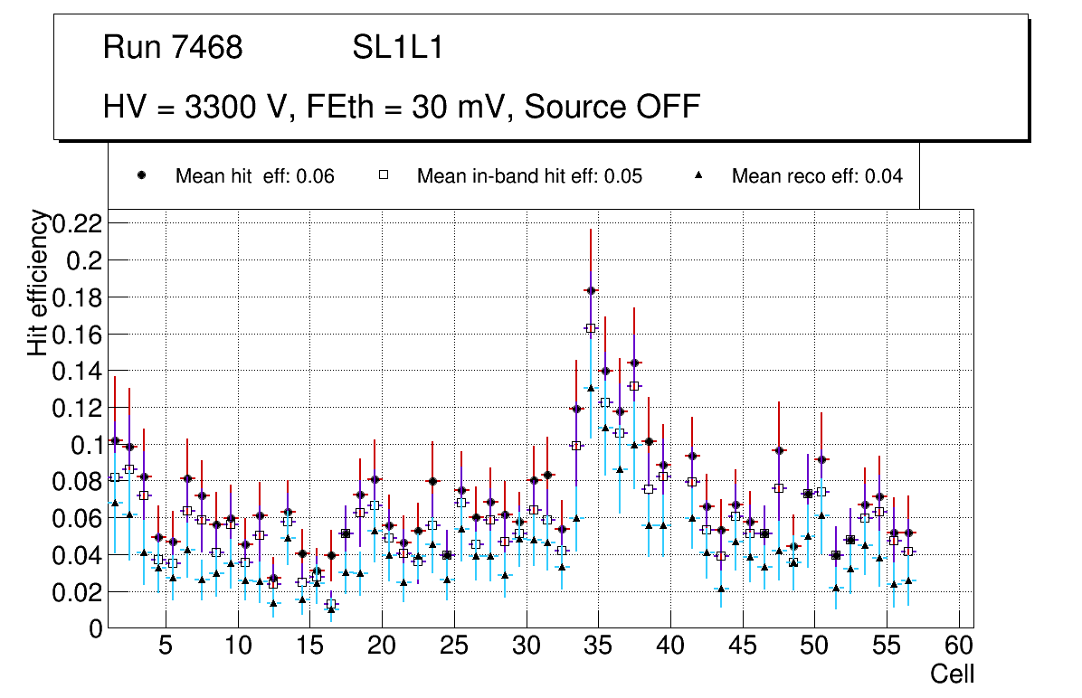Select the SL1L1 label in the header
point(398,48)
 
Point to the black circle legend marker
point(142,176)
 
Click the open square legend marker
point(383,176)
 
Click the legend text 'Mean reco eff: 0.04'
point(817,176)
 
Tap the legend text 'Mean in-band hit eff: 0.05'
point(529,176)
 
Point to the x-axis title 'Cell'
point(953,674)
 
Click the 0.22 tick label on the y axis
point(77,223)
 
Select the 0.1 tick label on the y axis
point(87,444)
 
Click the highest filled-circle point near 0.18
point(591,290)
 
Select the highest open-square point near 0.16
point(591,328)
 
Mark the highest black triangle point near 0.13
point(591,388)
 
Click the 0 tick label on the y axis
point(97,628)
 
